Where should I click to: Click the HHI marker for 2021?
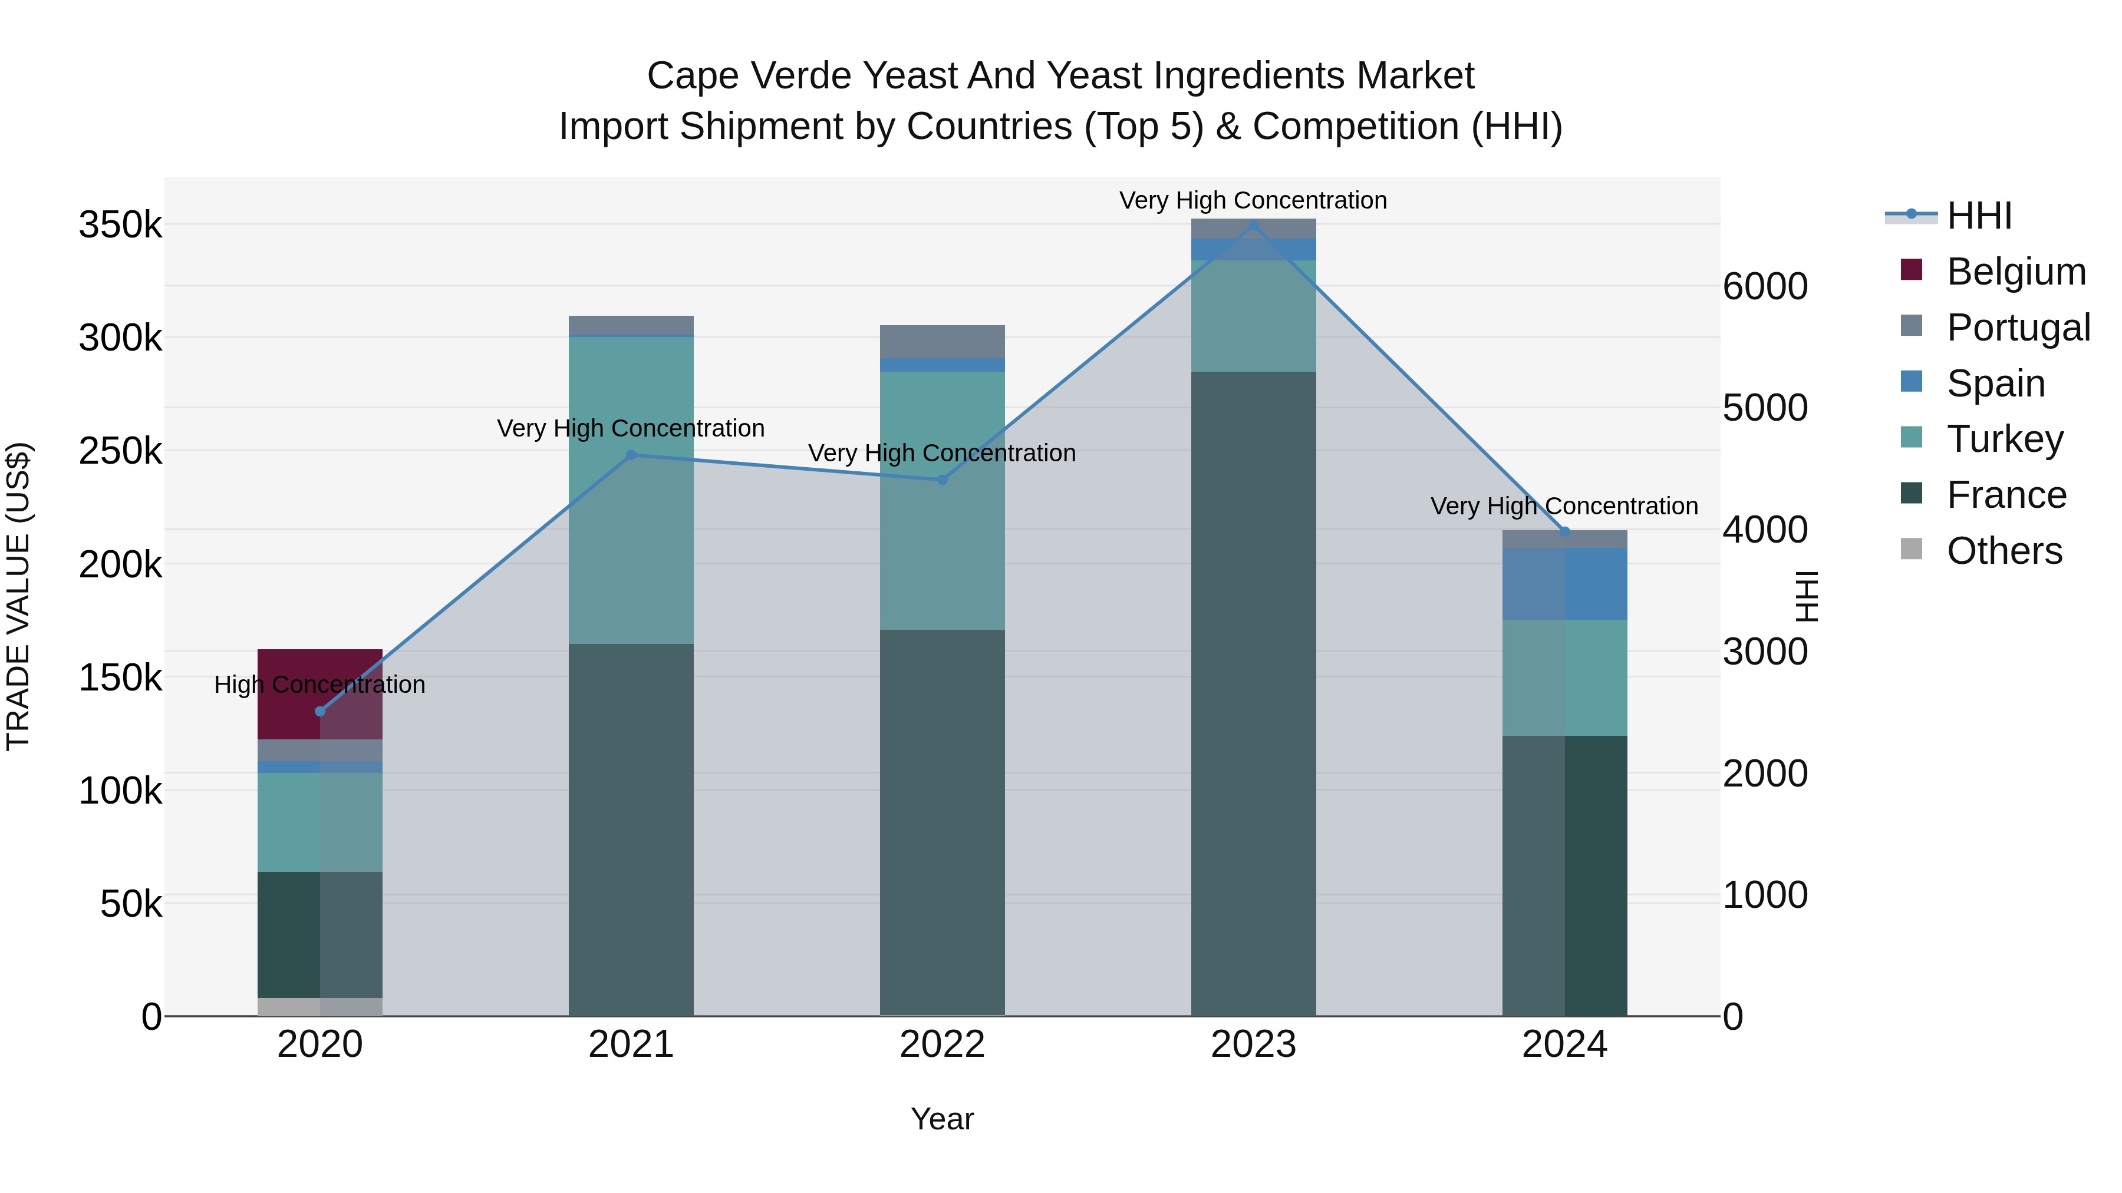[x=631, y=455]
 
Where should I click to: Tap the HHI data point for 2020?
[x=321, y=711]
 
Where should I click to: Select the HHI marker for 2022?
[x=943, y=480]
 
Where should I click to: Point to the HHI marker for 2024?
[x=1565, y=532]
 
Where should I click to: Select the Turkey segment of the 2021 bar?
[x=631, y=490]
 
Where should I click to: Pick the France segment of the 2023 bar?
[x=1253, y=693]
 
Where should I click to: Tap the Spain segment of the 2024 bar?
[x=1564, y=584]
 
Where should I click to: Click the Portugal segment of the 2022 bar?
[x=943, y=342]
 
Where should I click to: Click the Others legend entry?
[x=2004, y=551]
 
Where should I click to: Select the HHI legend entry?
[x=1979, y=216]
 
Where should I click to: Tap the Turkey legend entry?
[x=2004, y=439]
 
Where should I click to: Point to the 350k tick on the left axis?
[x=120, y=225]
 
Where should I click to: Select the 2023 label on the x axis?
[x=1253, y=1045]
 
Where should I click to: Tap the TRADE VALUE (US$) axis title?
[x=18, y=596]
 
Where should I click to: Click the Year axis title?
[x=943, y=1119]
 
